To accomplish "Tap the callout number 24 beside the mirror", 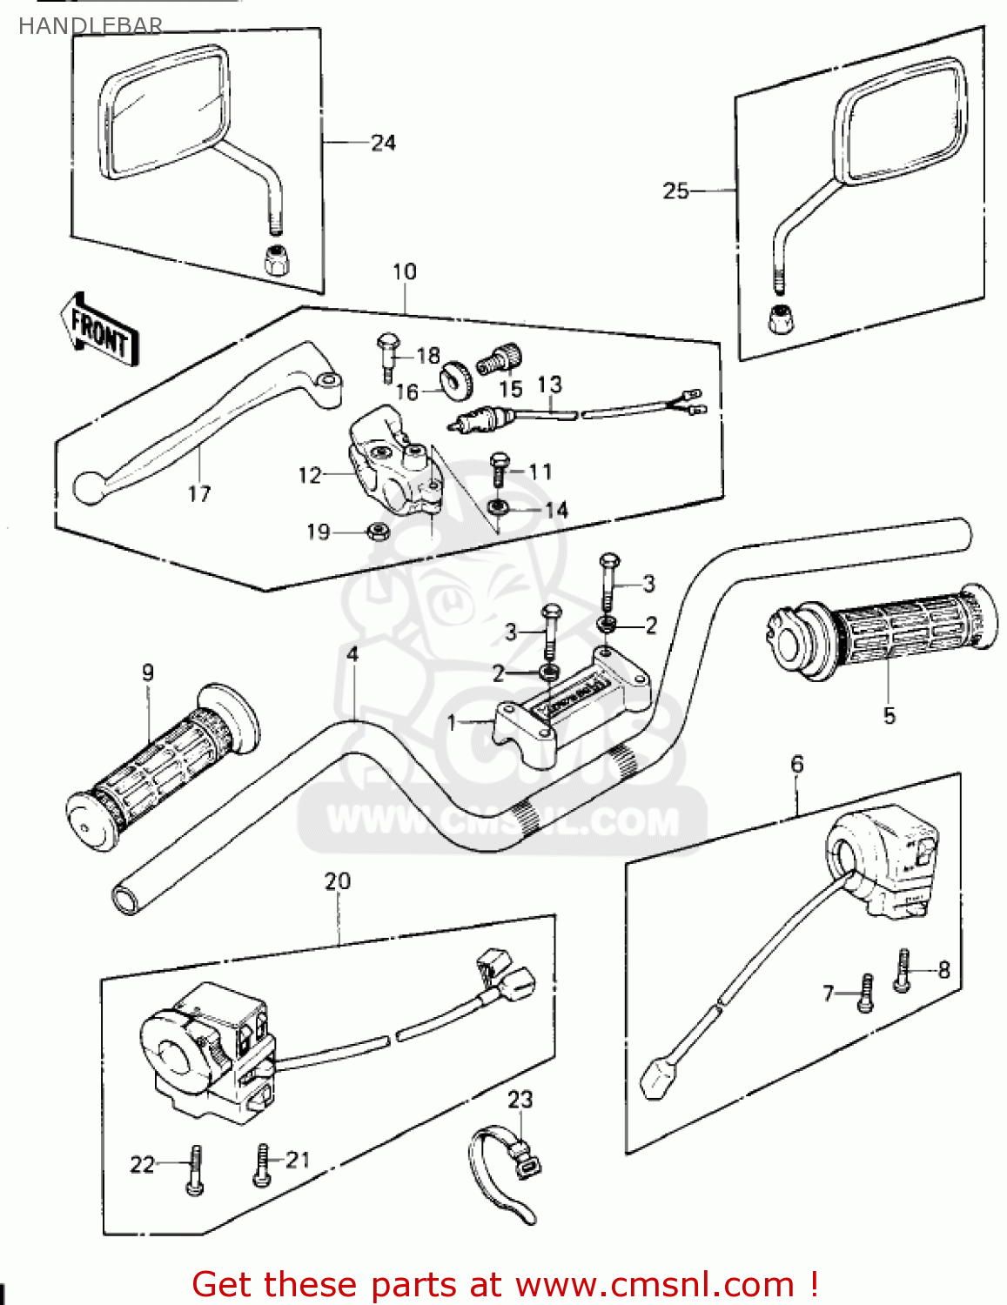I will coord(383,143).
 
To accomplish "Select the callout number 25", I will coord(675,191).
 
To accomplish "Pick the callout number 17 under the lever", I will coord(199,493).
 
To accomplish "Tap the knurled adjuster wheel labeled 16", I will coord(455,380).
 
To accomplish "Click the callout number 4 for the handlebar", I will coord(352,653).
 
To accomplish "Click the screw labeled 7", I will coord(865,994).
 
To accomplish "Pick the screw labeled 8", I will coord(903,969).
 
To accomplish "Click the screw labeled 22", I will coord(195,1171).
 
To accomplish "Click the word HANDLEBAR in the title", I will coord(91,26).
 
